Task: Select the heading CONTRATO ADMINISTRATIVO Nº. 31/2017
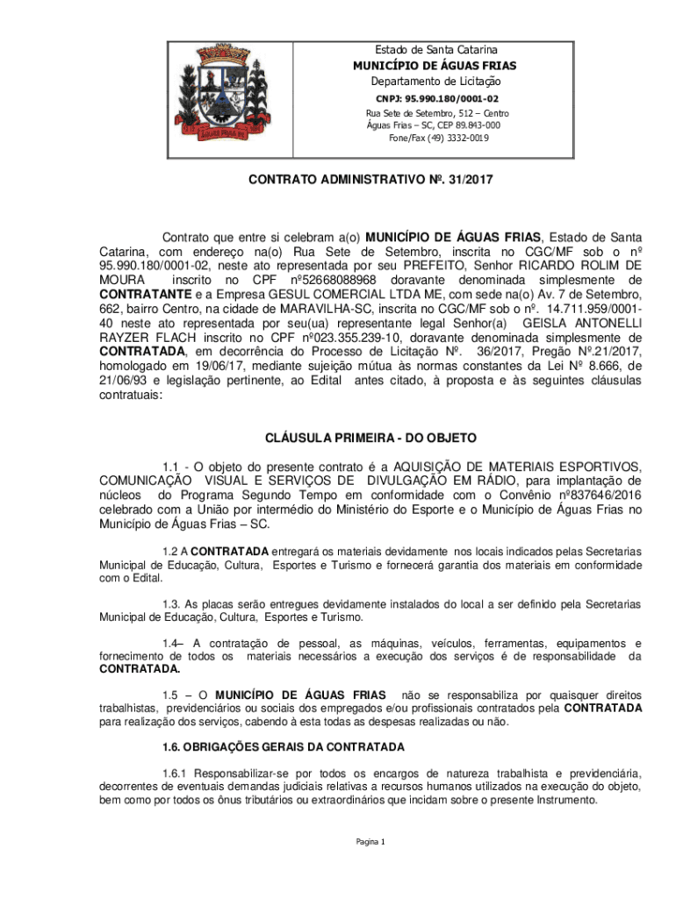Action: point(370,181)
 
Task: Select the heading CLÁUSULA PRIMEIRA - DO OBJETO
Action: point(370,437)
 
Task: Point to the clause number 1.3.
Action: point(171,604)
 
